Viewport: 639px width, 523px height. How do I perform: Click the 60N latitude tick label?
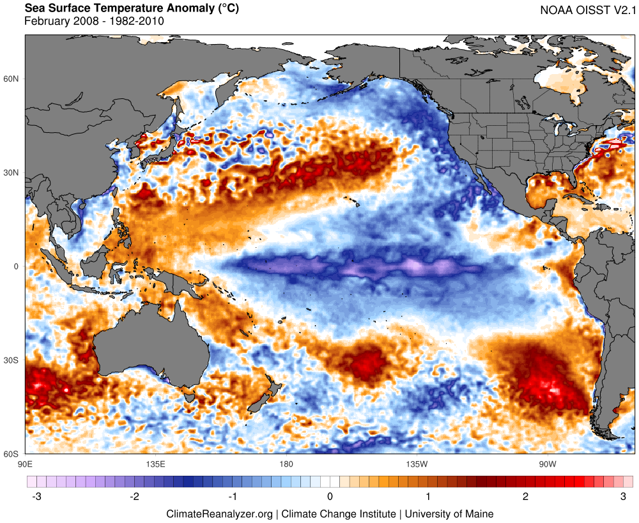click(x=12, y=79)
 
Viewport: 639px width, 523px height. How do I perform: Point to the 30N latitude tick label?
click(x=12, y=172)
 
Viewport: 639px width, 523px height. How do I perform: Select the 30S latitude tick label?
click(x=12, y=360)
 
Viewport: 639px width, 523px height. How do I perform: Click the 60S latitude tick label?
click(x=12, y=454)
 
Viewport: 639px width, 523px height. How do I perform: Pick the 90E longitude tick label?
click(x=26, y=463)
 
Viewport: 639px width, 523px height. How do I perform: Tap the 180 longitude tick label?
click(x=286, y=463)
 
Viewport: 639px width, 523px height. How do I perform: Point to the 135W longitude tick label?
click(x=415, y=463)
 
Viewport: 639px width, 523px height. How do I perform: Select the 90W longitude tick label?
click(x=546, y=463)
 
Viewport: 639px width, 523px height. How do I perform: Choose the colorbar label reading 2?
click(x=525, y=496)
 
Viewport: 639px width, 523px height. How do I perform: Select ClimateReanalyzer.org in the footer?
click(x=219, y=513)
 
